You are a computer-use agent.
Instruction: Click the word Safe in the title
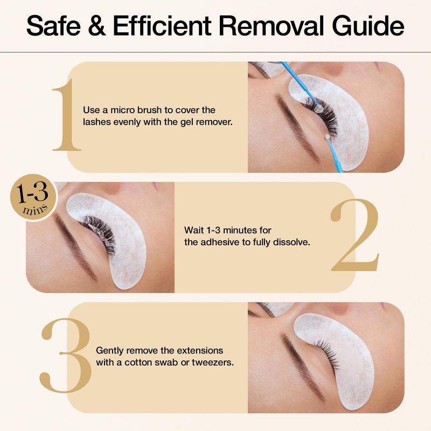pyautogui.click(x=53, y=25)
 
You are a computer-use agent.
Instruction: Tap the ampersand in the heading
pyautogui.click(x=97, y=26)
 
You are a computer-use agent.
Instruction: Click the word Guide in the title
pyautogui.click(x=368, y=25)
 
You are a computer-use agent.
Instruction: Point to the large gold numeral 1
pyautogui.click(x=66, y=115)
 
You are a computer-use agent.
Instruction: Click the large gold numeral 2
pyautogui.click(x=355, y=234)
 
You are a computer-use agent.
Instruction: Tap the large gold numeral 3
pyautogui.click(x=65, y=356)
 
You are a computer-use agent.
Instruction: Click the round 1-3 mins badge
pyautogui.click(x=33, y=197)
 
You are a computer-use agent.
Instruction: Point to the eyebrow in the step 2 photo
pyautogui.click(x=75, y=247)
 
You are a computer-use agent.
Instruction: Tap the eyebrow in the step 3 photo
pyautogui.click(x=302, y=367)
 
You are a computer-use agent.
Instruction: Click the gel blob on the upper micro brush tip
pyautogui.click(x=319, y=109)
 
